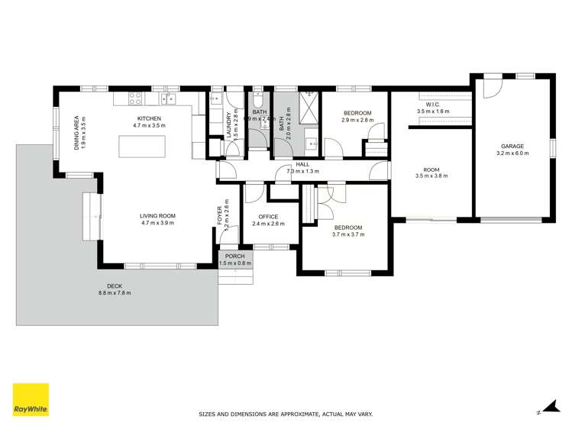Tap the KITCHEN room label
pos(149,118)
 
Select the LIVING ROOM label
pos(158,217)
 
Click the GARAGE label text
pos(512,146)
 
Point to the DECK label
pos(115,286)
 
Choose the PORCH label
pos(235,256)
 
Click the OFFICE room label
pos(268,217)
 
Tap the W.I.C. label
pos(433,105)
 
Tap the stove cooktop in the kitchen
pos(136,98)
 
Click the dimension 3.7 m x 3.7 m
pos(347,234)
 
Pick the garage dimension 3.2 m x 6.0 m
pos(512,153)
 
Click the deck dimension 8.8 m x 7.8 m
pos(115,293)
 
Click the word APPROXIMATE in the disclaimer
pos(291,414)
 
